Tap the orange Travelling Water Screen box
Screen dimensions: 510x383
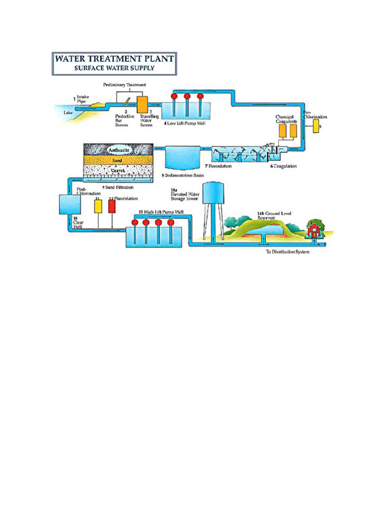(143, 104)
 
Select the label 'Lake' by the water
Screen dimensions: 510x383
(68, 113)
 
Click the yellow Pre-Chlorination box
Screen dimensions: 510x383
(316, 126)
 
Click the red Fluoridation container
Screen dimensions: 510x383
(112, 206)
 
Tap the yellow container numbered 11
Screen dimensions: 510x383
(98, 205)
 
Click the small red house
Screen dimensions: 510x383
(314, 230)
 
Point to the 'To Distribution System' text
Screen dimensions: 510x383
(288, 252)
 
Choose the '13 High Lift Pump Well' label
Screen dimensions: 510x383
(161, 212)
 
